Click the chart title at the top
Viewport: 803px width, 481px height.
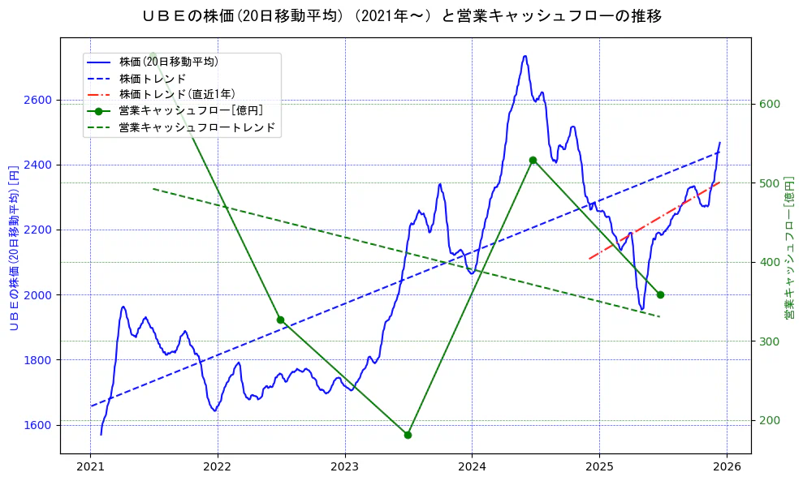click(401, 16)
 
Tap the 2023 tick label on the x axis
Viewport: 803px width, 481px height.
click(344, 467)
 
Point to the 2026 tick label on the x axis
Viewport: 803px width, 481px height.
click(727, 467)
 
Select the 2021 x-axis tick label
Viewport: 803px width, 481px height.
click(90, 467)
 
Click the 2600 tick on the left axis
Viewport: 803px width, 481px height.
click(38, 100)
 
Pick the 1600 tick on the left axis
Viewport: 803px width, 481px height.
click(38, 425)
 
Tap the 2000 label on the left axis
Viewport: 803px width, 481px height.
click(38, 294)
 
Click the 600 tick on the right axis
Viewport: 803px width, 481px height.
click(769, 104)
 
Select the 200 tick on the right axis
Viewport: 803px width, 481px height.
click(769, 420)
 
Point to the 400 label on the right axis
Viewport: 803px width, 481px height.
click(769, 262)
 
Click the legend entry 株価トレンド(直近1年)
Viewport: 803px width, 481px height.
click(176, 94)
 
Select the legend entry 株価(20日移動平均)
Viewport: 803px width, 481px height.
click(168, 61)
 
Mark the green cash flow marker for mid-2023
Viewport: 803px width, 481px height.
click(408, 435)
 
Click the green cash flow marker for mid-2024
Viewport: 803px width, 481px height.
click(533, 160)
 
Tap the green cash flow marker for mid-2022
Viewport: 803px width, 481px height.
click(280, 320)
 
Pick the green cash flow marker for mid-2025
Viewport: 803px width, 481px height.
click(660, 294)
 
